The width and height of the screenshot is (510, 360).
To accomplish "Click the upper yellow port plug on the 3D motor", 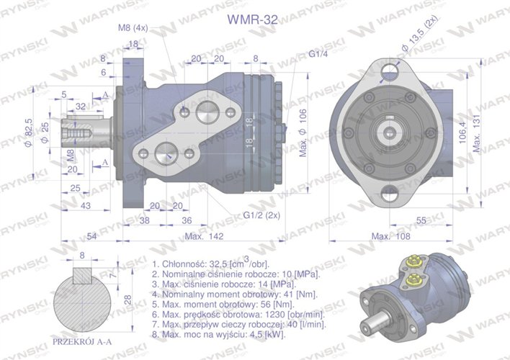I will [413, 263].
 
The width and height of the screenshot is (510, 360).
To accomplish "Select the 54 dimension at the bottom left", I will [92, 236].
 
